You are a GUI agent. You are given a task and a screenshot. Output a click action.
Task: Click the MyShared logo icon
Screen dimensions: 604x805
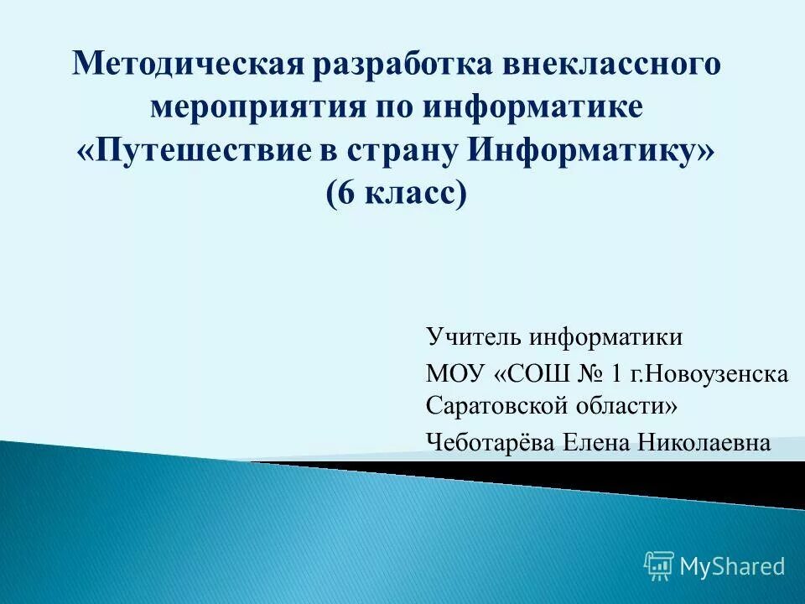pyautogui.click(x=659, y=566)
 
